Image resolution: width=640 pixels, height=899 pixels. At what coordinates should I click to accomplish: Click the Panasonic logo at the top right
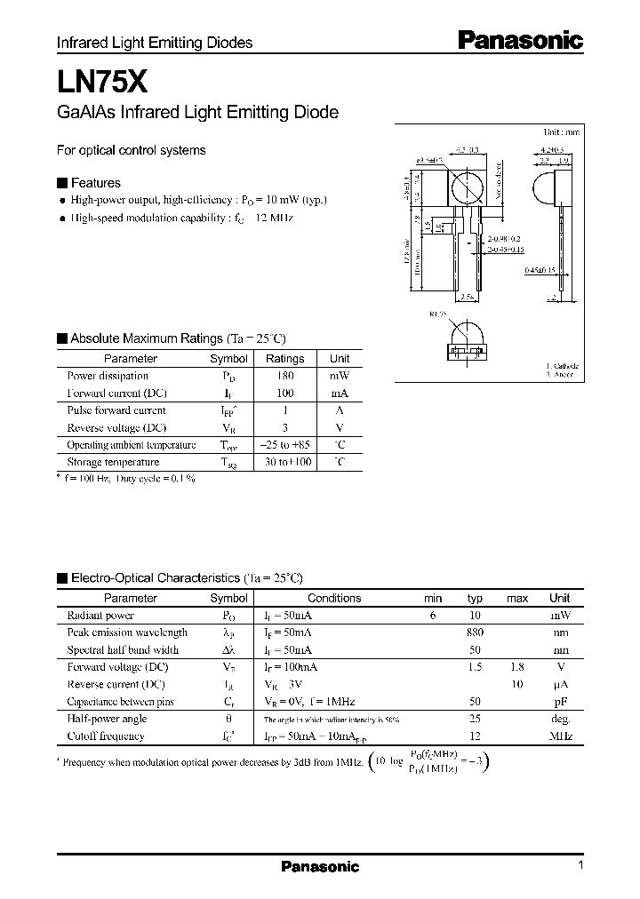click(x=520, y=40)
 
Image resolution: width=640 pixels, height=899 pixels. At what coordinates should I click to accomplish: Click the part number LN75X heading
click(x=96, y=83)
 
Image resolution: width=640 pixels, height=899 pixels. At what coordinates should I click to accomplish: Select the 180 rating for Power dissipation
click(x=284, y=376)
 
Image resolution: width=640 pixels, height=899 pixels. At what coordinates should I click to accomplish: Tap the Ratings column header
click(x=284, y=359)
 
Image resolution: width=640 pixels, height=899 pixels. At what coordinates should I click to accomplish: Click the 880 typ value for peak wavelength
click(x=475, y=632)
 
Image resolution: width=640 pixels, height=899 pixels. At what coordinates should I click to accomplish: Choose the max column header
click(x=517, y=599)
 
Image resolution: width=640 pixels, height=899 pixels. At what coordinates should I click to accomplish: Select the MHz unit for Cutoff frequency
click(x=560, y=736)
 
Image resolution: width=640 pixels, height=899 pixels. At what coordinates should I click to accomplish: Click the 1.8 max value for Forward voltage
click(x=517, y=667)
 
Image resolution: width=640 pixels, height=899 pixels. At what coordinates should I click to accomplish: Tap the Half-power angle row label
click(x=107, y=719)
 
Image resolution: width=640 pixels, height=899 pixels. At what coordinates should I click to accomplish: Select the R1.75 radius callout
click(x=438, y=314)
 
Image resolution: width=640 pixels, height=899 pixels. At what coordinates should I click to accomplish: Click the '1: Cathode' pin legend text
click(x=562, y=365)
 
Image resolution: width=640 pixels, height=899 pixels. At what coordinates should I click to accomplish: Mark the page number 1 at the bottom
click(x=580, y=866)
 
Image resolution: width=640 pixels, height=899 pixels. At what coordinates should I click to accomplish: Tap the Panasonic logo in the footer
click(x=320, y=867)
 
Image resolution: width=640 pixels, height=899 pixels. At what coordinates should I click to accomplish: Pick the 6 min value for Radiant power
click(x=433, y=616)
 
